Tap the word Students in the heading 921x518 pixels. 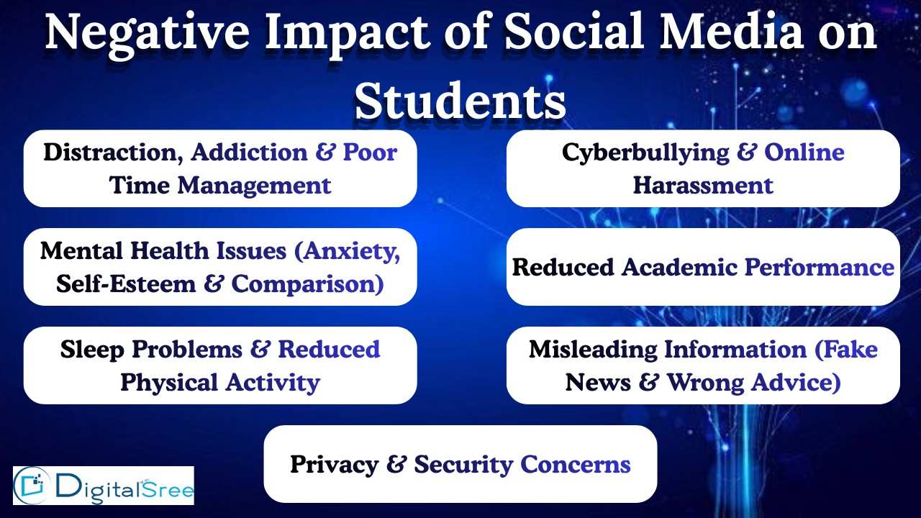460,101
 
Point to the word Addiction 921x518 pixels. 249,153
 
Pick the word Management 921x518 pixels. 254,186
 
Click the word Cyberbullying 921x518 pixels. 645,153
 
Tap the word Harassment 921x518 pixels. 703,186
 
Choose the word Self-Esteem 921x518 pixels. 126,284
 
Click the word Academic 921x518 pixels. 679,268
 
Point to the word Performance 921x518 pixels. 819,268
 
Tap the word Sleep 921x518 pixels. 89,350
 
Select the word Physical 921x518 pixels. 169,383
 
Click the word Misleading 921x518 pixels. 593,350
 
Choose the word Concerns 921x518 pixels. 575,465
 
